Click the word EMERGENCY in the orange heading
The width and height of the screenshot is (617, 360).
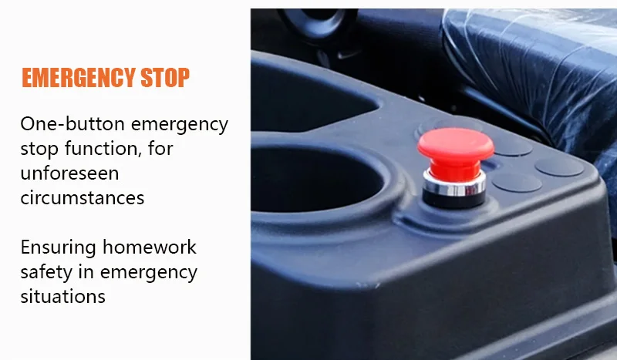78,77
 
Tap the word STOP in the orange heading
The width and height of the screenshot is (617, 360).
165,77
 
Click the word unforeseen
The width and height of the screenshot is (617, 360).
69,173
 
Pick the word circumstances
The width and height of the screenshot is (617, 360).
83,198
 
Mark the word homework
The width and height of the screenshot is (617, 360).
150,247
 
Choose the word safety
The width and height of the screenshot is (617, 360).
46,272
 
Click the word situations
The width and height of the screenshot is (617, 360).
63,296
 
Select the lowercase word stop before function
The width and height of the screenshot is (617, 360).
39,149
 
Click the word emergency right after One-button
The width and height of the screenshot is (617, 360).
180,125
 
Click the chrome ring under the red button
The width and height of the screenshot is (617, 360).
454,186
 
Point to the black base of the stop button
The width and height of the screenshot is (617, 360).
453,200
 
